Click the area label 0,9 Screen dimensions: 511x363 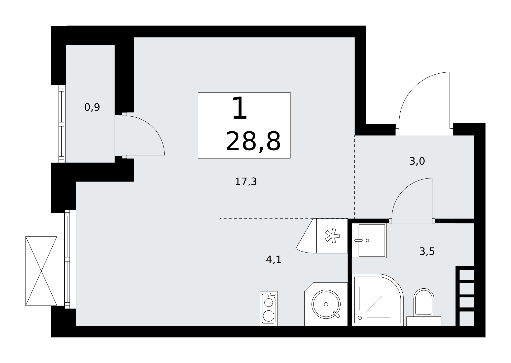[x=92, y=107]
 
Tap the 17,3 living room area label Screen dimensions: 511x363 [x=246, y=182]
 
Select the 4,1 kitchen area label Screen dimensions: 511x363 [x=274, y=260]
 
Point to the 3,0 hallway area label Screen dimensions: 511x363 [x=417, y=161]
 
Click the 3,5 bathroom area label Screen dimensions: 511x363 [x=427, y=252]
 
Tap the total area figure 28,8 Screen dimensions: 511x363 [x=253, y=141]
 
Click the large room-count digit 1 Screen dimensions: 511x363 [x=240, y=108]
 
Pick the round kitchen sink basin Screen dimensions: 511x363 [x=326, y=304]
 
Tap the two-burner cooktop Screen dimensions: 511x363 [x=269, y=309]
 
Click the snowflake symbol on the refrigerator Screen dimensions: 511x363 [x=332, y=236]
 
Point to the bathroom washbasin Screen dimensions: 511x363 [x=369, y=241]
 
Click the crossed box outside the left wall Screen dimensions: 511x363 [x=41, y=271]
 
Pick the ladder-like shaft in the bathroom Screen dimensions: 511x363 [x=465, y=296]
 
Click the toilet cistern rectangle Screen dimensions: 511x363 [x=424, y=321]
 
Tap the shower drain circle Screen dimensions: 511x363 [x=360, y=318]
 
